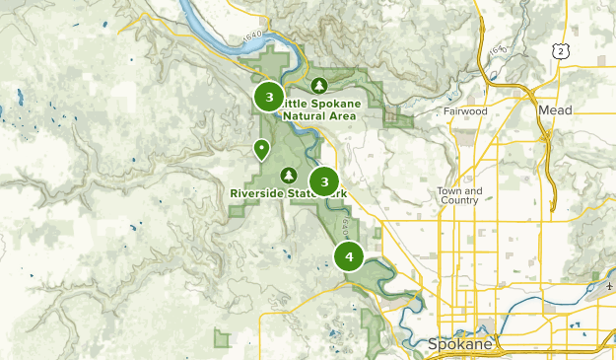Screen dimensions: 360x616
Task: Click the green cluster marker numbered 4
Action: click(x=349, y=256)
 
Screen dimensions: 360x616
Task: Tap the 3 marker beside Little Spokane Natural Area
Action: click(x=268, y=97)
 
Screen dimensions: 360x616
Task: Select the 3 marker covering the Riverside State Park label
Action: click(x=323, y=181)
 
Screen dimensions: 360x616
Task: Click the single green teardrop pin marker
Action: click(x=261, y=150)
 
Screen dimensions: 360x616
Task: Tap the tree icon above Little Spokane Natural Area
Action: click(x=318, y=85)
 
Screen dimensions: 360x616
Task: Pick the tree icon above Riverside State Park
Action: click(x=289, y=176)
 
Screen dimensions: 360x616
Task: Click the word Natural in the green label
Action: click(x=304, y=114)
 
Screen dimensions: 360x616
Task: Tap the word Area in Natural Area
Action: click(x=340, y=114)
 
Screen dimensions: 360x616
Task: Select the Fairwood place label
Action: click(x=465, y=111)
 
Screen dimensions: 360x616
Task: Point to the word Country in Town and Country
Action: click(x=460, y=200)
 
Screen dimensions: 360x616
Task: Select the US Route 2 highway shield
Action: click(x=562, y=50)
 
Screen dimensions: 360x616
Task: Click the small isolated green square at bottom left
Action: click(x=223, y=338)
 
